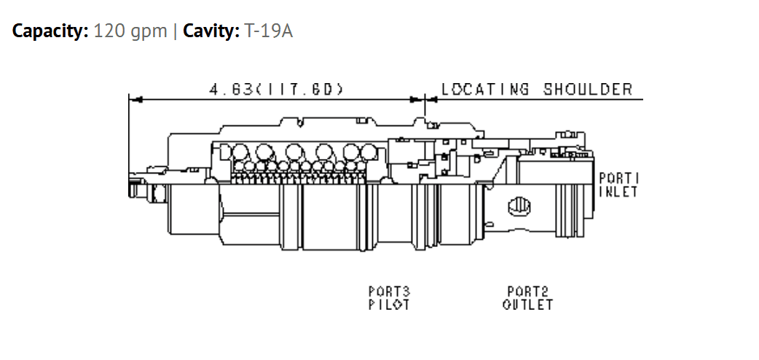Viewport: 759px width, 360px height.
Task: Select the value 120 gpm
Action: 130,31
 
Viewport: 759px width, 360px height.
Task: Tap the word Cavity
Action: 211,31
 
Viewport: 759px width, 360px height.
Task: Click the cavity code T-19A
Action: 269,31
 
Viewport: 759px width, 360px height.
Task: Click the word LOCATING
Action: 484,90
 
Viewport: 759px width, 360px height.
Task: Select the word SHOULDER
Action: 588,90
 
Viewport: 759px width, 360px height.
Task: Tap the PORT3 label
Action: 389,291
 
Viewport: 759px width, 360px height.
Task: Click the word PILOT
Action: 389,305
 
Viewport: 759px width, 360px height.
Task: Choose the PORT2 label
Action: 527,291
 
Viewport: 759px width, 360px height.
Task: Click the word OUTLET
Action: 527,305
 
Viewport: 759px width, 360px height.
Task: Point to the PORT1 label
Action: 619,179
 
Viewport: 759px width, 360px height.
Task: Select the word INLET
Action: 618,192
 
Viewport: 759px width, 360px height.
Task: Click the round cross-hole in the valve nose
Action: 519,208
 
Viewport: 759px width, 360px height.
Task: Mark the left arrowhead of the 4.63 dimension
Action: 135,100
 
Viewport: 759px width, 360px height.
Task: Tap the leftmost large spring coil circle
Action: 240,152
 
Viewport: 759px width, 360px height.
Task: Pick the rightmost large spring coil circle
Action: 369,152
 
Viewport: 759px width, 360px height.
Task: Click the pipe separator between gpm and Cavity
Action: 175,31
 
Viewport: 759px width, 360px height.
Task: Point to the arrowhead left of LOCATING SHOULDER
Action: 430,100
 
